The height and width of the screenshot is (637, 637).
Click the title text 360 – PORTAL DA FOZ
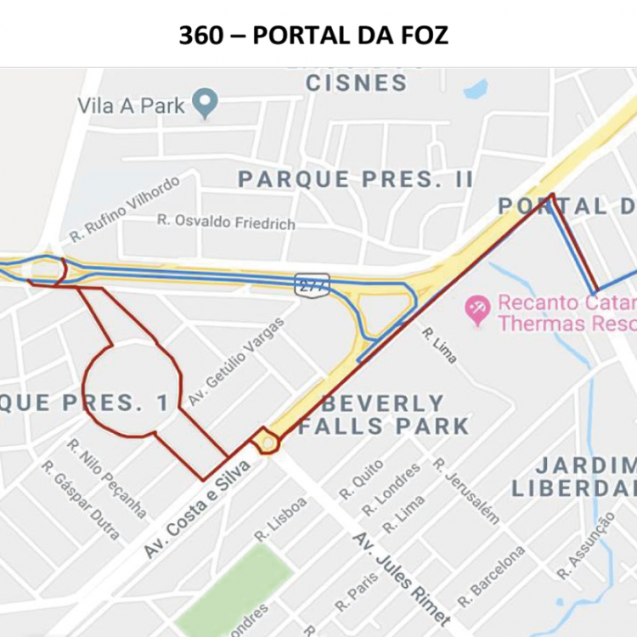[313, 36]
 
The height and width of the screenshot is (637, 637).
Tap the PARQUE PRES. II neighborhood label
[355, 179]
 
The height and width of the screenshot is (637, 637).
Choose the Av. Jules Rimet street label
[401, 578]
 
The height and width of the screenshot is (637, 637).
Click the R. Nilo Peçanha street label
[108, 478]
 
